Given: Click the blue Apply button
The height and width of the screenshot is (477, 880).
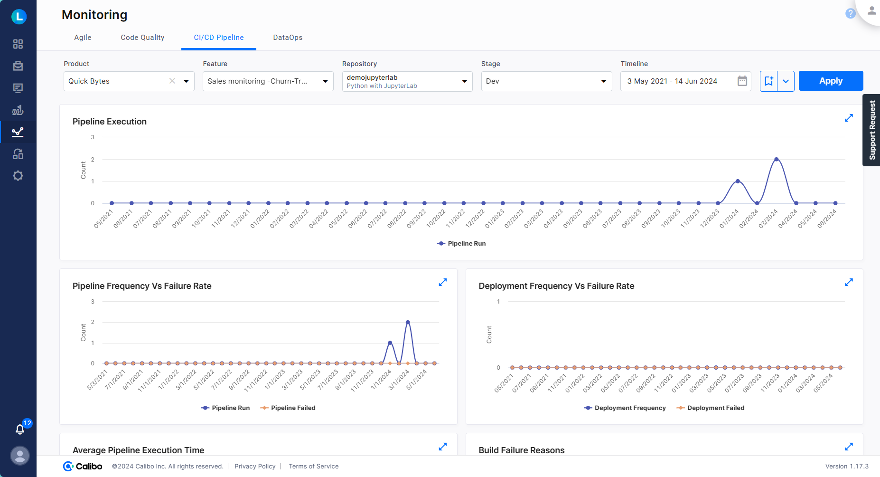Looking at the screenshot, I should tap(831, 81).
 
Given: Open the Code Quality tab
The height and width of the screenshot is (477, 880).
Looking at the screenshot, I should tap(142, 38).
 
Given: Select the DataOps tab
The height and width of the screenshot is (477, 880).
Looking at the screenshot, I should tap(288, 38).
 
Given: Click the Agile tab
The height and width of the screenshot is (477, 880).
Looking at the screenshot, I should tap(83, 38).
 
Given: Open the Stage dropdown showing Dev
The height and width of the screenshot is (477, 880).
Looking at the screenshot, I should tap(546, 81).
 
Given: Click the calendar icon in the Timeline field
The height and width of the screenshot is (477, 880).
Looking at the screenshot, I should tap(742, 81).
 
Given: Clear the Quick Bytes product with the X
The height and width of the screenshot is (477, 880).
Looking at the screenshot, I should tap(172, 81).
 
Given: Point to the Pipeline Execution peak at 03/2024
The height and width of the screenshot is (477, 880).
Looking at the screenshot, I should tap(777, 159).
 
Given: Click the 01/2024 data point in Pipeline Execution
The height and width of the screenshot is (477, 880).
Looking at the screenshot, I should tap(738, 181).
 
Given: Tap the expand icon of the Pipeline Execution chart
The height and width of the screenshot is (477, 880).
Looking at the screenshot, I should tap(849, 118).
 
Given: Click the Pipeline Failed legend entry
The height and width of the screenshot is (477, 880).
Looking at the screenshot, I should tap(288, 408).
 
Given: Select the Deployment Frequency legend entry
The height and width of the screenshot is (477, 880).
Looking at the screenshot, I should tap(625, 408).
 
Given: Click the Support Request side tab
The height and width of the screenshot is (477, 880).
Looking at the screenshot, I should tap(872, 130).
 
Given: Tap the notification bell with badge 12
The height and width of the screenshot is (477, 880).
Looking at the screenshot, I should tap(20, 429).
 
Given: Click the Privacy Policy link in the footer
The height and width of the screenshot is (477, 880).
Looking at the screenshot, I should tap(255, 466).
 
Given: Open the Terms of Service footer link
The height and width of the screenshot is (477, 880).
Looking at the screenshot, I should tap(313, 466).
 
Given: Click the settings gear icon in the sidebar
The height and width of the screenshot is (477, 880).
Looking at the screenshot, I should tap(18, 176).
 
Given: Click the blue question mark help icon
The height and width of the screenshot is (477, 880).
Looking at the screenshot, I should tap(850, 13).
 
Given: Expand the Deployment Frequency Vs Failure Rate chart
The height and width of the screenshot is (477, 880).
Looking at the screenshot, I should tap(849, 282).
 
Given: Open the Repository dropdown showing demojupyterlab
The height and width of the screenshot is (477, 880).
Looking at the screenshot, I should tap(407, 81).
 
